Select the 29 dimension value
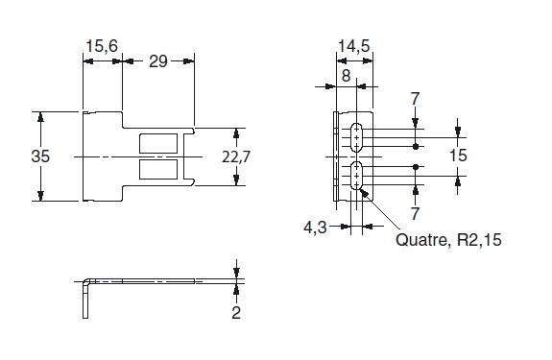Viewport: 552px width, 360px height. click(x=159, y=61)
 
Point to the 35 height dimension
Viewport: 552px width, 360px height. click(x=39, y=156)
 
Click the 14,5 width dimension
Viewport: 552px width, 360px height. click(x=354, y=45)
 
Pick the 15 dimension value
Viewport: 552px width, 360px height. click(x=457, y=156)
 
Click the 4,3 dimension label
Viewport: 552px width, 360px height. click(x=313, y=228)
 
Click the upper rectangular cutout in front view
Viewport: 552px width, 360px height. click(x=158, y=143)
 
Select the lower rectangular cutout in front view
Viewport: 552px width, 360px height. click(x=158, y=169)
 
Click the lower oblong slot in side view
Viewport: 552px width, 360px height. click(x=356, y=177)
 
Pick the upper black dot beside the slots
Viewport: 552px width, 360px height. click(x=415, y=146)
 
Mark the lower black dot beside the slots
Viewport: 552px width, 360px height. click(x=415, y=167)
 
